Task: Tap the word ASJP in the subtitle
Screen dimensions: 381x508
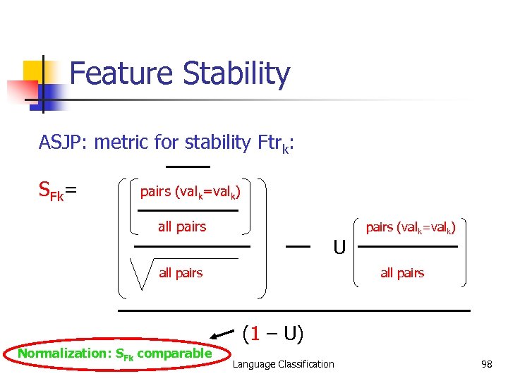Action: [60, 143]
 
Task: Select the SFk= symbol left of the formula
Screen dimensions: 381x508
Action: [57, 190]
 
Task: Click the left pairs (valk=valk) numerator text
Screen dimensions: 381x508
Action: [190, 192]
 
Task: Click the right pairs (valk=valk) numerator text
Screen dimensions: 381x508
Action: [410, 227]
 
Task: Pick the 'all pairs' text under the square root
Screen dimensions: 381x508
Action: [181, 273]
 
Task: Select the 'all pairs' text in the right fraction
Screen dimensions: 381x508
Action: [402, 273]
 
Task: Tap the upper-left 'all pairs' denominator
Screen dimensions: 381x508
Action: [182, 226]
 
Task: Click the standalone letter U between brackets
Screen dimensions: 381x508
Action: [339, 248]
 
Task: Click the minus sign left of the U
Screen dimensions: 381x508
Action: [298, 246]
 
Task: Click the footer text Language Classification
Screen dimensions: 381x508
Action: [284, 364]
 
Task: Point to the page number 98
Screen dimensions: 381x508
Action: [485, 364]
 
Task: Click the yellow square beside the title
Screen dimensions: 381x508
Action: [34, 71]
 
